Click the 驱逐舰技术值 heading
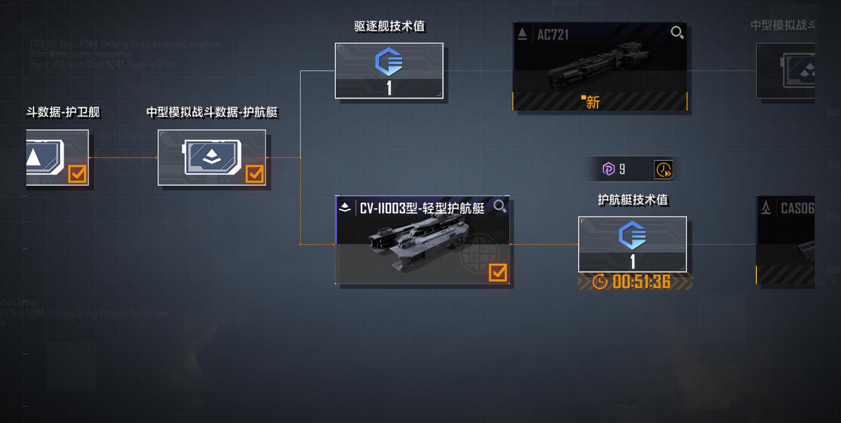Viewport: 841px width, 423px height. pos(390,26)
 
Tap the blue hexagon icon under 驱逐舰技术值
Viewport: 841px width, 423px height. pos(389,62)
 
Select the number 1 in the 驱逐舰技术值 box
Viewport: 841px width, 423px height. pos(389,88)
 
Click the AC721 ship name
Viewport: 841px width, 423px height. pos(553,35)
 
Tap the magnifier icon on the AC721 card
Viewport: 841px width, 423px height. pos(677,33)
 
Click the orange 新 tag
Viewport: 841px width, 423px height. pos(592,102)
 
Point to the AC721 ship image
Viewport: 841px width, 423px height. pos(594,70)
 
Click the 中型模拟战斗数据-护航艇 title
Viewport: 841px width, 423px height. pos(212,112)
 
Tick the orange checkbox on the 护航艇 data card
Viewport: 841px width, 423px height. pos(255,174)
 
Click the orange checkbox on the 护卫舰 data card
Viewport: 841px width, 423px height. pos(77,174)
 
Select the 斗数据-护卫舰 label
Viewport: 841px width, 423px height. pos(63,112)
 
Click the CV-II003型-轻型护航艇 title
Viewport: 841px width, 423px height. pos(422,209)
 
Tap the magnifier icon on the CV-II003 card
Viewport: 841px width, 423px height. pos(500,206)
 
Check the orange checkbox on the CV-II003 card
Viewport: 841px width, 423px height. pos(497,273)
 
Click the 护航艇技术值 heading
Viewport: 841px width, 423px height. pos(632,200)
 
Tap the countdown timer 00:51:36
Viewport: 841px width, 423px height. pos(641,282)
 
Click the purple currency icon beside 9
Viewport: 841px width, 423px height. pos(608,169)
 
